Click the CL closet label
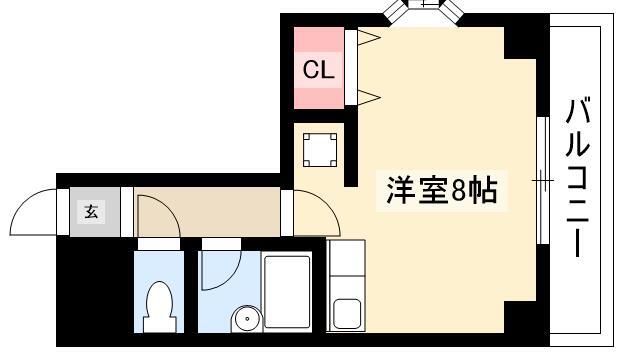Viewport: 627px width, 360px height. (x=318, y=70)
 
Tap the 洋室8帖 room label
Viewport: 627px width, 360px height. (x=442, y=190)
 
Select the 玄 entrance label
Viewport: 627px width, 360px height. (x=91, y=211)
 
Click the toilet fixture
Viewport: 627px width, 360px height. (x=160, y=307)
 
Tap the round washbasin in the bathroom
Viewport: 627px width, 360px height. (x=247, y=319)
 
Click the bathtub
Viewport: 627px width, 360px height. (x=287, y=292)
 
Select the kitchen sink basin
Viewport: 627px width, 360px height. (x=347, y=314)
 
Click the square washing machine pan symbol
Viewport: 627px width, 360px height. (x=320, y=150)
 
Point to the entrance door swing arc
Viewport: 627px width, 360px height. (x=23, y=203)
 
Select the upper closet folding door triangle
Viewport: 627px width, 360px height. (x=368, y=38)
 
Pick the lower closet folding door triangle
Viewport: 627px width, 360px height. (x=368, y=97)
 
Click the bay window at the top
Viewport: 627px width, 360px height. (x=423, y=9)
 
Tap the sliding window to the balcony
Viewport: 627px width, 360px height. (x=543, y=180)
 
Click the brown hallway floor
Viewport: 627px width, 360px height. (x=207, y=212)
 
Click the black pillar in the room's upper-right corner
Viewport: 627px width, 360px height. (x=520, y=42)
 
